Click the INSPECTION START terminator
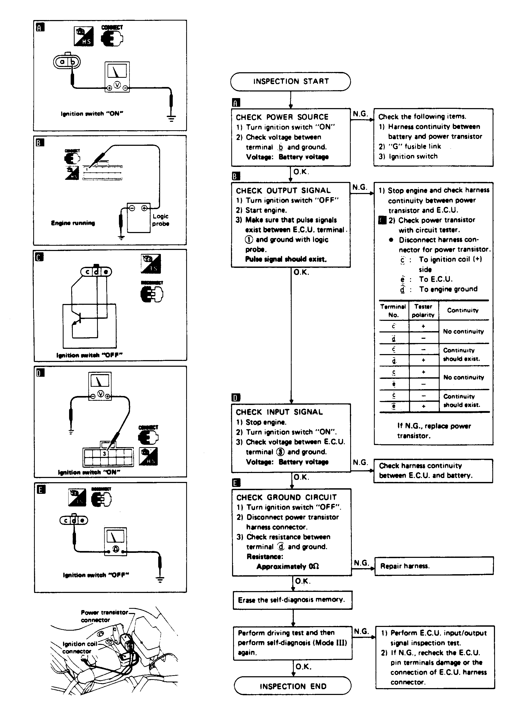coord(290,81)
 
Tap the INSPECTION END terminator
coord(292,686)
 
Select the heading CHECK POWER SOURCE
coord(282,117)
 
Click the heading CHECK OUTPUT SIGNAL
coord(283,191)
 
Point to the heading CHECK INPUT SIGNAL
coord(279,412)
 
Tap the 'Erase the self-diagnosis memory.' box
coord(292,600)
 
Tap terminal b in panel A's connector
coord(73,62)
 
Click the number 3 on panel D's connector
coord(104,454)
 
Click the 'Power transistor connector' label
coord(104,616)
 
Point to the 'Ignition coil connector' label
coord(79,648)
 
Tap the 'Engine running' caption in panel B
coord(73,223)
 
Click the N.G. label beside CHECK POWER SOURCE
coord(360,114)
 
